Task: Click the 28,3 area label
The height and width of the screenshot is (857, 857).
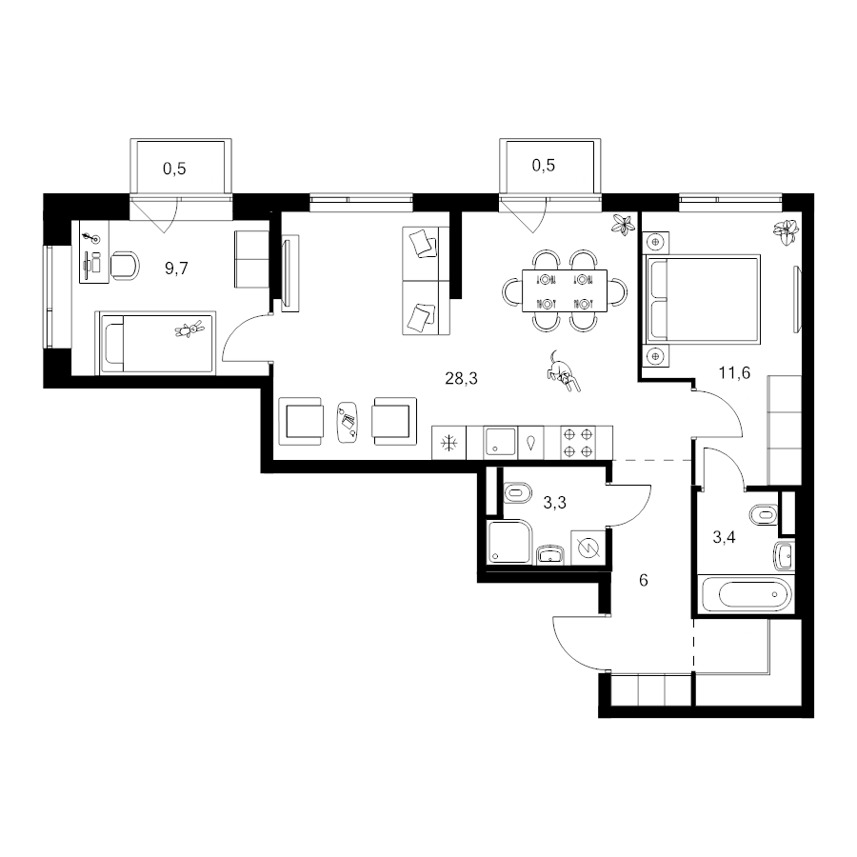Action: [461, 378]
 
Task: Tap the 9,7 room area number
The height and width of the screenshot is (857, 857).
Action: [176, 269]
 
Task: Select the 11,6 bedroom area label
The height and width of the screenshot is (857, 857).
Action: [734, 372]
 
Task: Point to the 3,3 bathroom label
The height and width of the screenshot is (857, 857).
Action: [554, 502]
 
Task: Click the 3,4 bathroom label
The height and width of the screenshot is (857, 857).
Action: [724, 537]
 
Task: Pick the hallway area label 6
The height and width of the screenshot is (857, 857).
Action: [644, 580]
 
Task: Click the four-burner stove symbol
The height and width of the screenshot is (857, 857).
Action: [578, 443]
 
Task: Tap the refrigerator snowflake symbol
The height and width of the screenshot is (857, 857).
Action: [448, 443]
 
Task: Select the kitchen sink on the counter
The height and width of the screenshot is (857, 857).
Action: [500, 442]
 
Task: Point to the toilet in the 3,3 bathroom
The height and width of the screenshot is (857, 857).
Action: [516, 493]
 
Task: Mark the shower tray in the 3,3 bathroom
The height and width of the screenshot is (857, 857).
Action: [508, 542]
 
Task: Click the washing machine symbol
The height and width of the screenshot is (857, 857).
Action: [588, 548]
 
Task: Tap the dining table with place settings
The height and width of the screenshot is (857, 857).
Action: [565, 290]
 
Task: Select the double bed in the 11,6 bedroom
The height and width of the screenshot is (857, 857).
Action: [703, 300]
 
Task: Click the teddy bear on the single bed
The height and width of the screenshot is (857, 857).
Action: [189, 329]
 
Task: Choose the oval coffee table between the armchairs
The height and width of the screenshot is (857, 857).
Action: [347, 423]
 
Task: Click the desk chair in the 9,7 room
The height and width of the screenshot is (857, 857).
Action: [125, 267]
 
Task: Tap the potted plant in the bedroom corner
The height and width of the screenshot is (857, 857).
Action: [787, 231]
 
